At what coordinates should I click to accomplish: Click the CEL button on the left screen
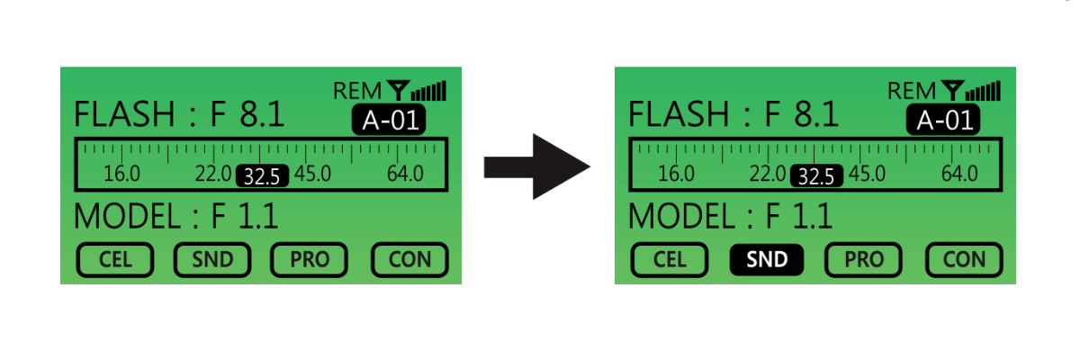(x=115, y=260)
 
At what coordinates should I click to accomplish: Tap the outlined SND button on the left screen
(x=213, y=260)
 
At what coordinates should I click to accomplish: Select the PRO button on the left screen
(x=310, y=260)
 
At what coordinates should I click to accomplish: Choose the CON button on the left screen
(x=410, y=260)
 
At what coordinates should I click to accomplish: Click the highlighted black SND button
(x=768, y=260)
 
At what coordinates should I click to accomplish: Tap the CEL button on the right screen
(x=670, y=260)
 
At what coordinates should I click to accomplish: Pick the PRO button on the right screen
(x=864, y=260)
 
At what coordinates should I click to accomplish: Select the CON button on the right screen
(x=965, y=260)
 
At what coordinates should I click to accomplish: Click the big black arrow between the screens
(x=536, y=166)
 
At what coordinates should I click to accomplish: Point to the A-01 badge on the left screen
(x=388, y=121)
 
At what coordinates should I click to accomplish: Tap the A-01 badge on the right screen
(x=942, y=121)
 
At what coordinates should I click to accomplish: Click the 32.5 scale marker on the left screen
(x=262, y=175)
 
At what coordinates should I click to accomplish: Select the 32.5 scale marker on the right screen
(x=816, y=175)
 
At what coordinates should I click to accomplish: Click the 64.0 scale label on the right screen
(x=959, y=174)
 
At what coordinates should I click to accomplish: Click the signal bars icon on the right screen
(x=986, y=91)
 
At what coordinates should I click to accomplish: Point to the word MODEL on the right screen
(x=682, y=217)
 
